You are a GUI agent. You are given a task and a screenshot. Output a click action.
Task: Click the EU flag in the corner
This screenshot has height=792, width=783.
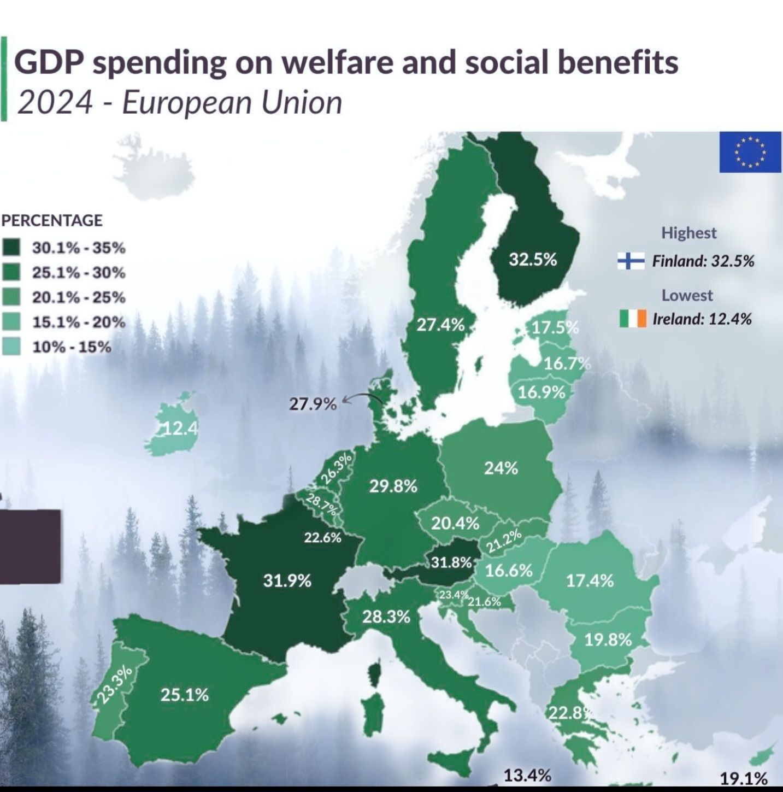tap(750, 152)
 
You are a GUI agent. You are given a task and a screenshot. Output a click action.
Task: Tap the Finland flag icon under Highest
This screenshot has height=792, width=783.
tap(631, 261)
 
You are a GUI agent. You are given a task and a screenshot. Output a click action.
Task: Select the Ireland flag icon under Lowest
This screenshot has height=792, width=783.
tap(633, 318)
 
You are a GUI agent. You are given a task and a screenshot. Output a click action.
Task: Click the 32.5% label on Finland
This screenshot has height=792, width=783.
tap(533, 260)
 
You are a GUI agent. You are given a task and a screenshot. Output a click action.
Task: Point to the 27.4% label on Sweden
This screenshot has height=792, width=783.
tap(440, 325)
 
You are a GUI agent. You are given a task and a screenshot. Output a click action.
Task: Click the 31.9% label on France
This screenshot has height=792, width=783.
tap(287, 580)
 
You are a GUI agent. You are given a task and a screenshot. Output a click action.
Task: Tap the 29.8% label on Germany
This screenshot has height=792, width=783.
tap(393, 486)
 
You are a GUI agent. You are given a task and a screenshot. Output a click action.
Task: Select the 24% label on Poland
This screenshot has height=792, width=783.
tap(501, 468)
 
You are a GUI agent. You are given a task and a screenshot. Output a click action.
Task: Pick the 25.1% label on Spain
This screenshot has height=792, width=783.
tap(184, 695)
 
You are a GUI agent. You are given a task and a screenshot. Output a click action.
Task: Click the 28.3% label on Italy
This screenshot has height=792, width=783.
tap(386, 617)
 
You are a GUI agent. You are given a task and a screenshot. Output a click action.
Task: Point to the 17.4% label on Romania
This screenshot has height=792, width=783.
tap(590, 580)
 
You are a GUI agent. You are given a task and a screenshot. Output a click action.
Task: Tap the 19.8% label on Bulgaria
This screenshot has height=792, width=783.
tap(608, 640)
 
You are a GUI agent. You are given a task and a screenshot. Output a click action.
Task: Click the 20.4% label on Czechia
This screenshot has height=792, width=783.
tap(455, 524)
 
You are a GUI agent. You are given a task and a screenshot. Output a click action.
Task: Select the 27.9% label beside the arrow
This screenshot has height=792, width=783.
tap(313, 404)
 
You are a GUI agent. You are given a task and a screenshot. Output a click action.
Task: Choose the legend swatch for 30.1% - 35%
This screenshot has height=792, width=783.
tap(11, 247)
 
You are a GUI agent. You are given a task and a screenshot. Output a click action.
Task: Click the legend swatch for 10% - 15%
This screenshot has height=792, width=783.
tap(11, 347)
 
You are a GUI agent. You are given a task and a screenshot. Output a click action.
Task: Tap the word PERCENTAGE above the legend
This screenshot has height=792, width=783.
tap(51, 220)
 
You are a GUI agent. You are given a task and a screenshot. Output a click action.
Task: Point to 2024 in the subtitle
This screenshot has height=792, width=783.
tap(55, 103)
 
